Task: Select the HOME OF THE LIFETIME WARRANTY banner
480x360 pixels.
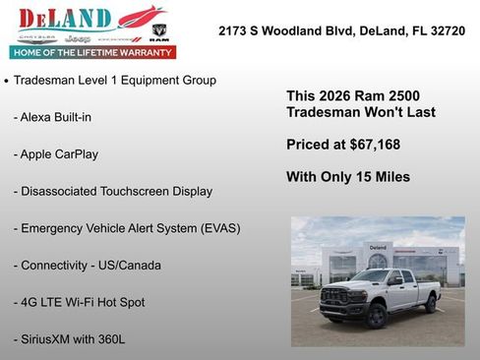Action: (92, 52)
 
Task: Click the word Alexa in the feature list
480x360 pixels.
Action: (38, 117)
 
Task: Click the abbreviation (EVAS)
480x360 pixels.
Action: (219, 228)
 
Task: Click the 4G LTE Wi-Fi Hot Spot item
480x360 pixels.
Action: (84, 302)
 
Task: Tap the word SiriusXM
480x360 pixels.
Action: (50, 339)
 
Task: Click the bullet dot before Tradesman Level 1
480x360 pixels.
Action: (7, 81)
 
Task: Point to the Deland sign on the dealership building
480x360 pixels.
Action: (378, 247)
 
